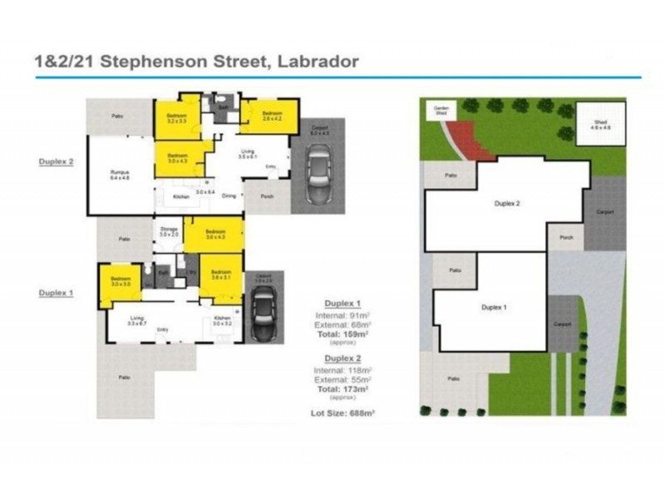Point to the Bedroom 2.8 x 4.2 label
pyautogui.click(x=273, y=116)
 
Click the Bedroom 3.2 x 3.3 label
pyautogui.click(x=176, y=118)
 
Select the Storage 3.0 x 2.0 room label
pyautogui.click(x=169, y=232)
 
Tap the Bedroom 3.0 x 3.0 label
pyautogui.click(x=121, y=282)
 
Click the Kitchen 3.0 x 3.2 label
pyautogui.click(x=223, y=320)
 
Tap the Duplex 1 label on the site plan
pyautogui.click(x=495, y=307)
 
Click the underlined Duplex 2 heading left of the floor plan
pyautogui.click(x=57, y=161)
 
